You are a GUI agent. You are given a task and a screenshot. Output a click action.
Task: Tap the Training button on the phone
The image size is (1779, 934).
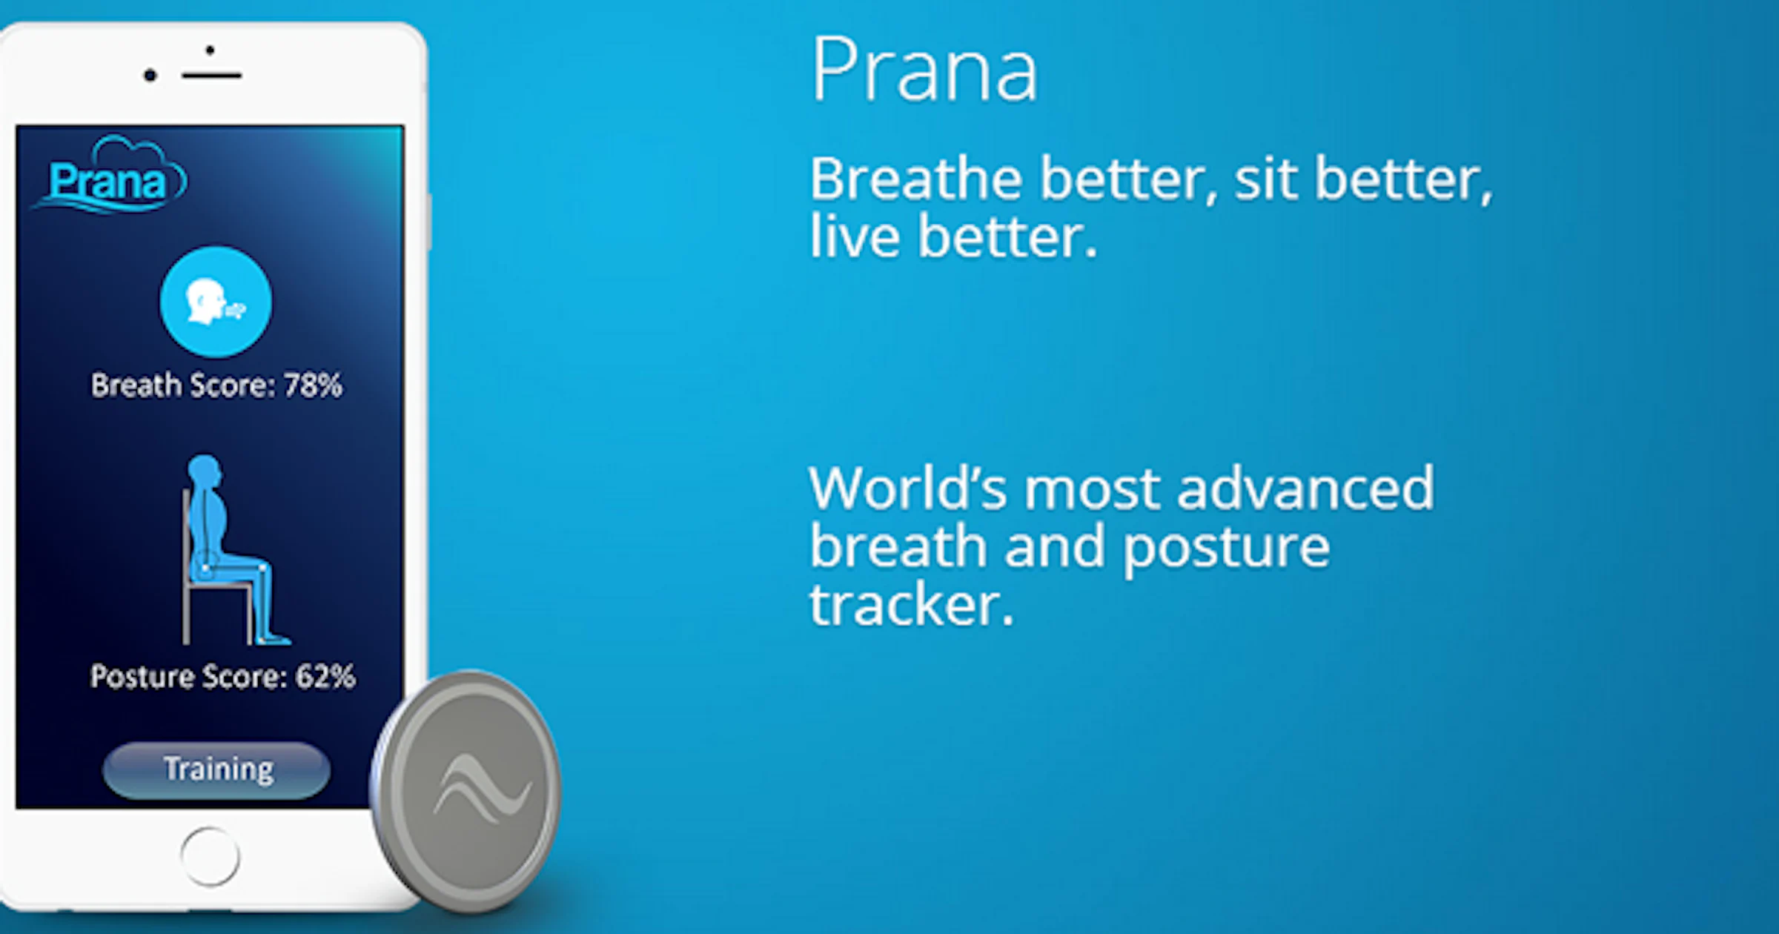(x=217, y=770)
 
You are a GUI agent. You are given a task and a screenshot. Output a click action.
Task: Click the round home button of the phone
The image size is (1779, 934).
(x=210, y=856)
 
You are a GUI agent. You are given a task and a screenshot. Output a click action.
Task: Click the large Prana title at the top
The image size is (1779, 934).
(x=924, y=70)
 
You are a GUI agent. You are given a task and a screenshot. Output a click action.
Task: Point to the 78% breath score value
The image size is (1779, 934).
(x=313, y=385)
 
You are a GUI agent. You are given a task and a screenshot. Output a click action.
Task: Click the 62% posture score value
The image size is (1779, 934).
(x=325, y=677)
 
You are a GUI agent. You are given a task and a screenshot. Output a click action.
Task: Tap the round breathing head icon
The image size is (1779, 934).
(x=216, y=302)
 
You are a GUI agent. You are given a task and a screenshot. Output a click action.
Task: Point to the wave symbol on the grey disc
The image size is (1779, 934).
(x=482, y=789)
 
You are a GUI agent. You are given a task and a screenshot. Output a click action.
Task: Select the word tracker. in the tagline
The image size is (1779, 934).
(x=911, y=605)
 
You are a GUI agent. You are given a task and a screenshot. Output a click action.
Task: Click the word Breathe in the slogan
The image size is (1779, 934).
(x=916, y=179)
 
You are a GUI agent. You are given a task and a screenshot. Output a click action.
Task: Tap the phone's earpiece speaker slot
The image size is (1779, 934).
(x=212, y=76)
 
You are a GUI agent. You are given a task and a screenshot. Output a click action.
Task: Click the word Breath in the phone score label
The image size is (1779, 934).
(x=136, y=385)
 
